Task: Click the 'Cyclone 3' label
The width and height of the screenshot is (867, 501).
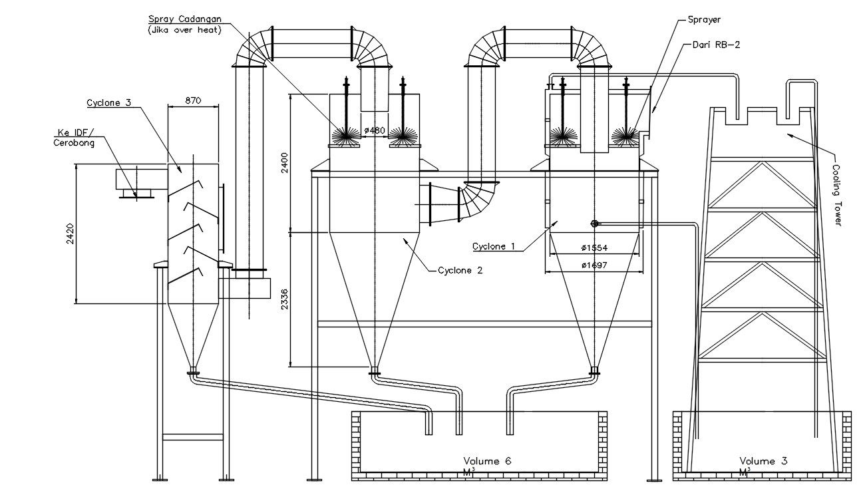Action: tap(108, 102)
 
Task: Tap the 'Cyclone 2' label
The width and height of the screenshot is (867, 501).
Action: tap(460, 270)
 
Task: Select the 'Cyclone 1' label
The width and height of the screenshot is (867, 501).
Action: tap(494, 246)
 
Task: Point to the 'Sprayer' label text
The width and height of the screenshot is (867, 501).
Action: tap(704, 20)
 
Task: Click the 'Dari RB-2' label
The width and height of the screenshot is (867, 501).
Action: tap(716, 45)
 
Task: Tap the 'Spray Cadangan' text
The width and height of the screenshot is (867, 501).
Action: tap(185, 19)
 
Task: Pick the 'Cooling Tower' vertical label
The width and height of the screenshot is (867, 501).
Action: tap(837, 195)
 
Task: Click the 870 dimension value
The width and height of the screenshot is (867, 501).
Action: tap(193, 100)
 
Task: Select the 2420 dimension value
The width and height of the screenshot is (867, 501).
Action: tap(70, 234)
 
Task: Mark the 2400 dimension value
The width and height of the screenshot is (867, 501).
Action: tap(285, 162)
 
